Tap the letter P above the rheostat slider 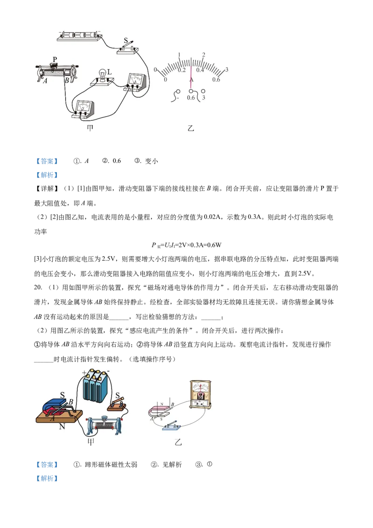55,60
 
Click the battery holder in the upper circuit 79,35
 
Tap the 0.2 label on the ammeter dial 182,70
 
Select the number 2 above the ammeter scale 203,55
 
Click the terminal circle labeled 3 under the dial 203,90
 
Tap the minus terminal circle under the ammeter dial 178,91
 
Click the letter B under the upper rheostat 67,81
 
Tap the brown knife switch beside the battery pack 117,405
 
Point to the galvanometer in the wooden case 201,395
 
